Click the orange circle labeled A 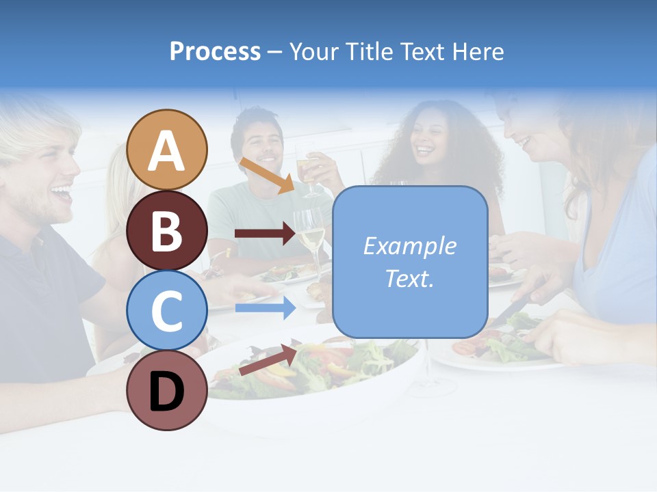click(167, 150)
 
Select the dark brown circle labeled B click(167, 230)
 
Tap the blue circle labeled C click(167, 310)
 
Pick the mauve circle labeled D click(167, 390)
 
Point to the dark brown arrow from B click(266, 234)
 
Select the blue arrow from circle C click(266, 307)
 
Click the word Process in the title click(215, 51)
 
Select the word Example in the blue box click(410, 246)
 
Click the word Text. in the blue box click(410, 278)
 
